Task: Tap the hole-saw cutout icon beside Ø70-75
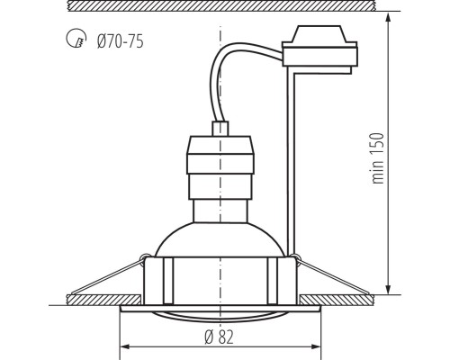click(76, 40)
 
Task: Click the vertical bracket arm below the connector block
click(290, 162)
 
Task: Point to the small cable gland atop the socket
click(220, 129)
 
